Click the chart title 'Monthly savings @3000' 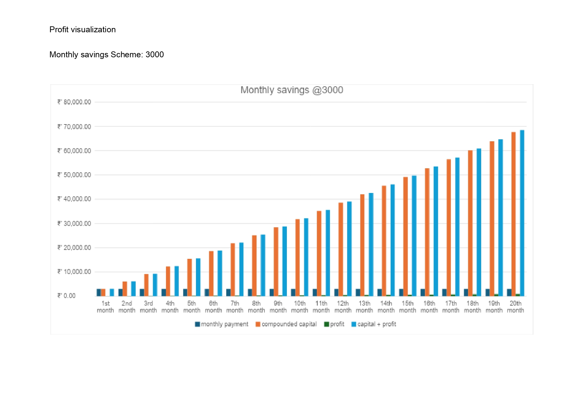(292, 90)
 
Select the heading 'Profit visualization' (82, 30)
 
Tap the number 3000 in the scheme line (154, 55)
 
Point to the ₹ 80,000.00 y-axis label (74, 102)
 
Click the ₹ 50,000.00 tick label (74, 175)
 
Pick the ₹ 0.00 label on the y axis (67, 296)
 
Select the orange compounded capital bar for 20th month (513, 214)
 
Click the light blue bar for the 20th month (522, 213)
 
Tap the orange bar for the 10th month (297, 258)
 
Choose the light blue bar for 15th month (414, 236)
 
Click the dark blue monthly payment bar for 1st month (99, 292)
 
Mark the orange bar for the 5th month (189, 277)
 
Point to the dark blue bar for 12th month (336, 292)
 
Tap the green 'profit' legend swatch (327, 324)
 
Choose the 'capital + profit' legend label (376, 324)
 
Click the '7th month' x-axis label (235, 307)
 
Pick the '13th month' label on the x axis (364, 307)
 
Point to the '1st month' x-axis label (105, 307)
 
